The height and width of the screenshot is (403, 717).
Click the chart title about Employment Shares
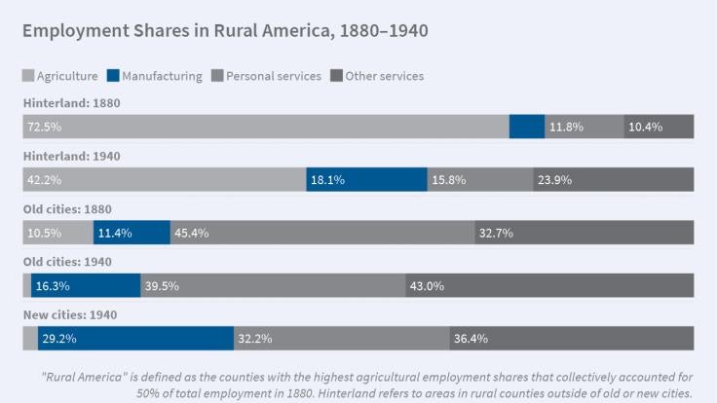(x=225, y=31)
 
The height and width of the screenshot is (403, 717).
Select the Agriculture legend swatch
(x=28, y=76)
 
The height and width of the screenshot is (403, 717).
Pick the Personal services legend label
(x=273, y=76)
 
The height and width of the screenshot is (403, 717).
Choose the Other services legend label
(x=384, y=76)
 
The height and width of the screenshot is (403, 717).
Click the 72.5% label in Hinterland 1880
(x=44, y=127)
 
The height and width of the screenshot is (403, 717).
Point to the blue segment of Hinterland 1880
(x=527, y=127)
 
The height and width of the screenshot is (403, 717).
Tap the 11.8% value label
(x=566, y=127)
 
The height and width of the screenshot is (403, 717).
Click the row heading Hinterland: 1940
(x=71, y=156)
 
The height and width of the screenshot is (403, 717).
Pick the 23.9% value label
(x=555, y=179)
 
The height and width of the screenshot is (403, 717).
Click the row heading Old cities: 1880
(x=71, y=208)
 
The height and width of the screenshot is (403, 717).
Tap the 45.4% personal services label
(x=191, y=233)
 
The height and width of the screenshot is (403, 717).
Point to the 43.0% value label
(x=428, y=285)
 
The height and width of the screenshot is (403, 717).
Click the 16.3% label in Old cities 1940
(x=52, y=285)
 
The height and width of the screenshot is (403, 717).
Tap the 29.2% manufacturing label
(x=59, y=339)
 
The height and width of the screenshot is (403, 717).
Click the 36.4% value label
(x=472, y=339)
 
